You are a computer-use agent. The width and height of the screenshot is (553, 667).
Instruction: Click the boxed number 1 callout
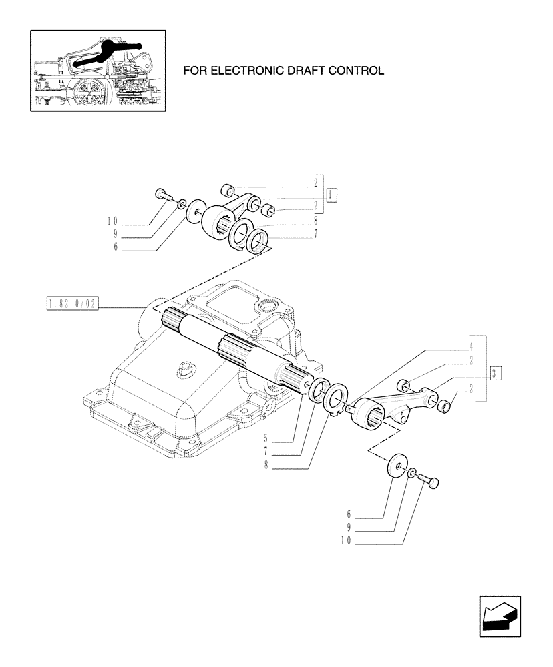(x=332, y=195)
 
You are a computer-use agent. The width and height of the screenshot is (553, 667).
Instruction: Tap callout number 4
(x=471, y=346)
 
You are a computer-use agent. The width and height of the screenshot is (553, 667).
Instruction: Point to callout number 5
(x=266, y=440)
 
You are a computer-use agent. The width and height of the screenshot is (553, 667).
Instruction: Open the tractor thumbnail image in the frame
(x=98, y=70)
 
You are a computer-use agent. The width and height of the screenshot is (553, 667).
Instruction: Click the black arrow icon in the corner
(x=499, y=616)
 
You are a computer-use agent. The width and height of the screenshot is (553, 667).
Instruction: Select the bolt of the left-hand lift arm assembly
(x=162, y=194)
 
